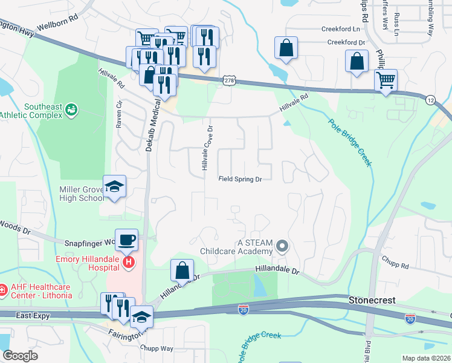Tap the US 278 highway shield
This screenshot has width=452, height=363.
228,80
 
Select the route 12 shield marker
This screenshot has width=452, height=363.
430,99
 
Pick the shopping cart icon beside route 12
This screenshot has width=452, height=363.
386,79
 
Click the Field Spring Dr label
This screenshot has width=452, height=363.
240,179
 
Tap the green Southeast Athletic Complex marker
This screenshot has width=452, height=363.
72,110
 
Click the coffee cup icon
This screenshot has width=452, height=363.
126,240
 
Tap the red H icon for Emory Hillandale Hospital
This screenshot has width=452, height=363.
128,262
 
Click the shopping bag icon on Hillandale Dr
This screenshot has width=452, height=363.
182,270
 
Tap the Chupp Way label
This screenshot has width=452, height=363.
157,348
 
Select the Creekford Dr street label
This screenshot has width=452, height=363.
346,42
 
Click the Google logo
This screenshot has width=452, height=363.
20,356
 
